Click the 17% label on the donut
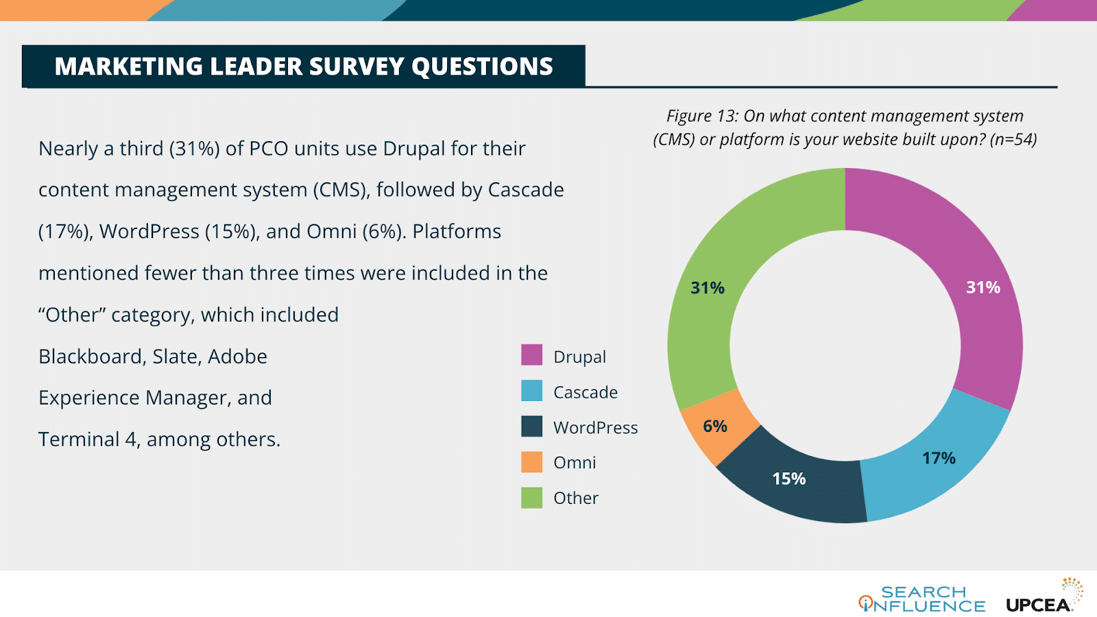coord(939,458)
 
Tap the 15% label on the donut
coord(788,479)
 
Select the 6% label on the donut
coord(715,426)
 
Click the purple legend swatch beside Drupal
coord(531,355)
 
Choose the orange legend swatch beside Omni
coord(531,462)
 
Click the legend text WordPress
coord(595,428)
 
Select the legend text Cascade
coord(585,392)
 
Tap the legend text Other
coord(576,498)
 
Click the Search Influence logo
coord(922,598)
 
